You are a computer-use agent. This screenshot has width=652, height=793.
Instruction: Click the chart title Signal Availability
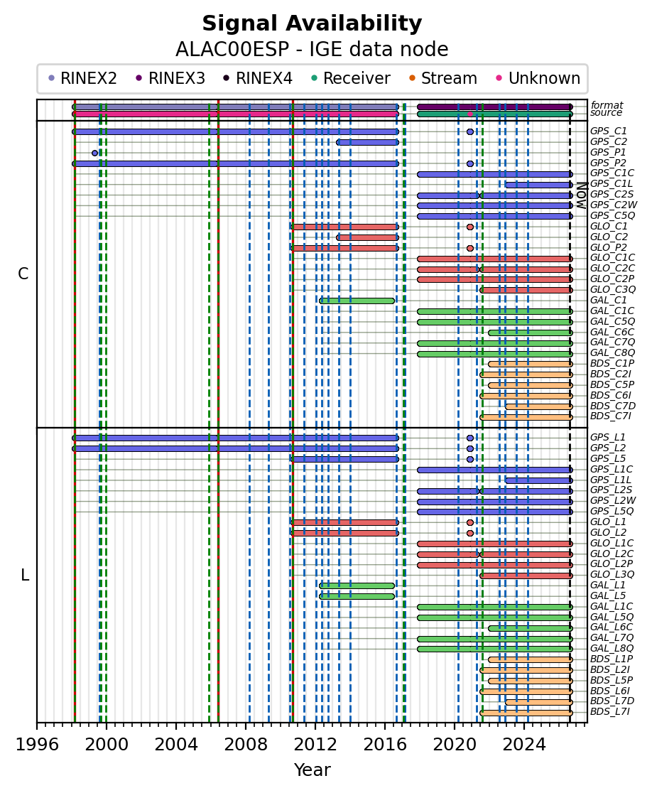[312, 23]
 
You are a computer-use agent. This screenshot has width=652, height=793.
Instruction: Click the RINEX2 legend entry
[82, 78]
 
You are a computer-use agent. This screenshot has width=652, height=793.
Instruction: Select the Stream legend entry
[443, 78]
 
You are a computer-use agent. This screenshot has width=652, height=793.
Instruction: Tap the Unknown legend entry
[539, 78]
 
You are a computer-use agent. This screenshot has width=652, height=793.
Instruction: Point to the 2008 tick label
[246, 745]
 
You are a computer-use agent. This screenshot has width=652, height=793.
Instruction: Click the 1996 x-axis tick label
[37, 745]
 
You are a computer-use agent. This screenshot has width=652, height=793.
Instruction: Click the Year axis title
[313, 770]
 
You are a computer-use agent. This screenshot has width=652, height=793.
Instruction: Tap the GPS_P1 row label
[608, 152]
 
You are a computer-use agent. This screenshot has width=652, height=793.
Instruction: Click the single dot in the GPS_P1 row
[94, 153]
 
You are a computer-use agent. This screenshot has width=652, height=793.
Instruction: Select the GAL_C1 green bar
[357, 301]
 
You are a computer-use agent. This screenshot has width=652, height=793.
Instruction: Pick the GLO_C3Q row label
[612, 290]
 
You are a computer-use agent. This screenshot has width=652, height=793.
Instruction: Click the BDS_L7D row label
[612, 701]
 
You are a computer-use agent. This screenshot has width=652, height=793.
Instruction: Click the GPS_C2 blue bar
[367, 142]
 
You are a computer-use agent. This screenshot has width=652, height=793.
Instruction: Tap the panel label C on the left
[23, 274]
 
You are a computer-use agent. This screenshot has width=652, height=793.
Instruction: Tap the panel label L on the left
[25, 575]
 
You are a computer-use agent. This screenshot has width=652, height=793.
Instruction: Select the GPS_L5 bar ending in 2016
[344, 459]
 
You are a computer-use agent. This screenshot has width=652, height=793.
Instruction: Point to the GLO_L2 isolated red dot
[470, 533]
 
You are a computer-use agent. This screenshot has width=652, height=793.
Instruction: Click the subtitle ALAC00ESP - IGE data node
[312, 50]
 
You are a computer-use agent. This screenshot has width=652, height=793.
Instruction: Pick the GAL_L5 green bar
[357, 596]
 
